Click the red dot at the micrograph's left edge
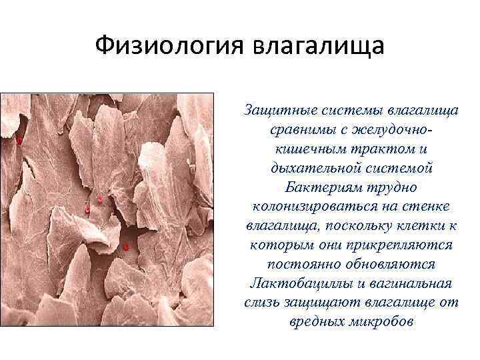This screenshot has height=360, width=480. (19, 141)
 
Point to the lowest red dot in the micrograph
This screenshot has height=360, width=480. (125, 247)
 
